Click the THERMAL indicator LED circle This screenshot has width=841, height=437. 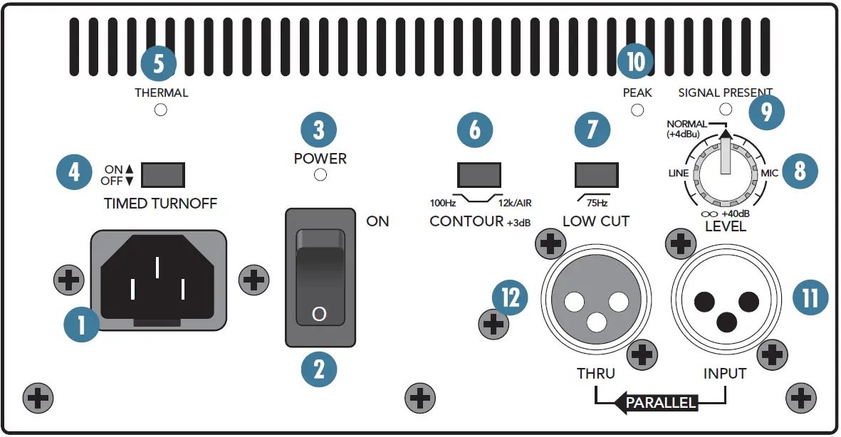click(x=161, y=110)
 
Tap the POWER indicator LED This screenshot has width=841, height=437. click(x=320, y=175)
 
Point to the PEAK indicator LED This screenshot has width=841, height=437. click(x=637, y=110)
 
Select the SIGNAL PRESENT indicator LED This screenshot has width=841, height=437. click(x=726, y=109)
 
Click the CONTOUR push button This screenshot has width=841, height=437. click(x=479, y=174)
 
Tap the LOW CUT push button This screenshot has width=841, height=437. click(x=596, y=174)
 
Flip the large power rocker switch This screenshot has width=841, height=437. click(x=320, y=277)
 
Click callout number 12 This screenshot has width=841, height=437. click(x=510, y=297)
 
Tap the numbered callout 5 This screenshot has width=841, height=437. click(x=158, y=63)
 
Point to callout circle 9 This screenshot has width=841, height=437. click(x=766, y=112)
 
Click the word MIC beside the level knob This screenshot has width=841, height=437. click(x=769, y=173)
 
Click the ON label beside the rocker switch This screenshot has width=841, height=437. click(x=377, y=221)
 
